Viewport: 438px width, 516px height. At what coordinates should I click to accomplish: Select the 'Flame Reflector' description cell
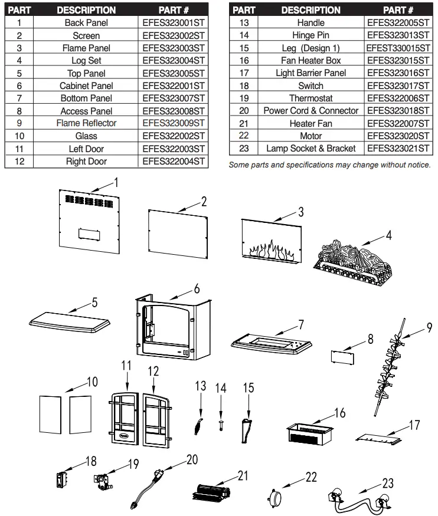pos(86,123)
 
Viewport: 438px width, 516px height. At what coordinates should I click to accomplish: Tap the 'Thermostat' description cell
pos(310,98)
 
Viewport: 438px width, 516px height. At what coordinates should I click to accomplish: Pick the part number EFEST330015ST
pos(398,48)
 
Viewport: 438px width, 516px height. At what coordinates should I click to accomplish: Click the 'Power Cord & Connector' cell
pos(310,111)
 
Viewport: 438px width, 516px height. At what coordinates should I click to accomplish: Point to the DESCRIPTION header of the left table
pos(86,10)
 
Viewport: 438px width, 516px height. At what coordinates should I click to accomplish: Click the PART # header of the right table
pos(398,10)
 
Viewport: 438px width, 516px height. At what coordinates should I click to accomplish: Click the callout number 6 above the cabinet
pos(197,288)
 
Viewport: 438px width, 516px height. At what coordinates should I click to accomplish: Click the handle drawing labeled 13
pos(199,423)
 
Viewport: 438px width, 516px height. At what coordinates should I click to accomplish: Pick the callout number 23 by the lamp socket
pos(387,482)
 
